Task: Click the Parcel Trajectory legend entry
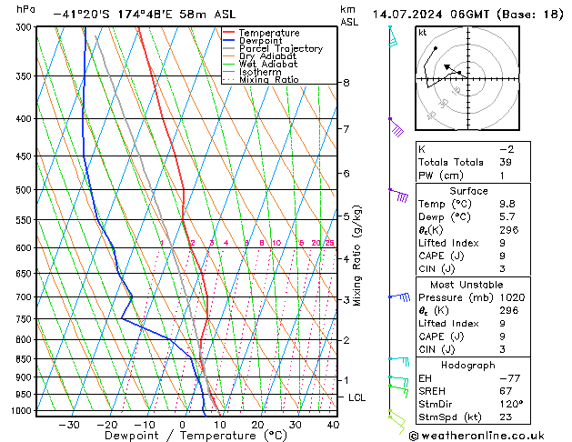(280, 48)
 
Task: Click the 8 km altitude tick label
(346, 83)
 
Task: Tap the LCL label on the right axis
(357, 397)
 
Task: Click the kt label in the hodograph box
(423, 32)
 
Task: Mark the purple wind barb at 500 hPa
(397, 194)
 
